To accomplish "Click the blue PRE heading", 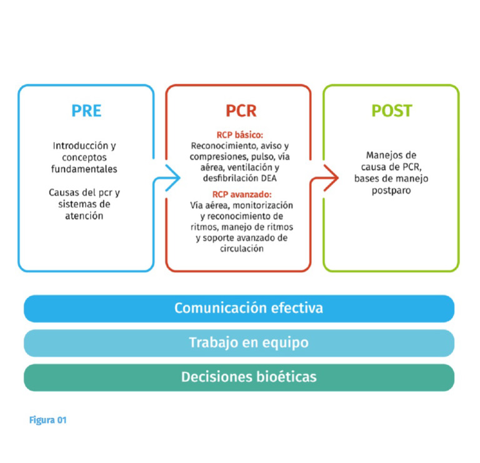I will pos(86,111).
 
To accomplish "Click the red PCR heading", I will pos(241,111).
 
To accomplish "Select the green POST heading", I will pos(391,111).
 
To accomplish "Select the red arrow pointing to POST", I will pos(321,178).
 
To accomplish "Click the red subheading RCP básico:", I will pos(241,135).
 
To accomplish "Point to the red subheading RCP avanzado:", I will pos(241,194).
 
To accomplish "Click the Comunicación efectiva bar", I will pos(239,308).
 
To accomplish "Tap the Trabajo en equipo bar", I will pos(239,343).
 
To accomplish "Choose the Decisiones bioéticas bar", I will pos(239,377).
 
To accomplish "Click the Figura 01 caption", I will pos(47,420).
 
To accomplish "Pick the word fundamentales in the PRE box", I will pos(86,169).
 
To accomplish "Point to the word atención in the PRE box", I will pos(86,216).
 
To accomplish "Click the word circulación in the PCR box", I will pos(241,248).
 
